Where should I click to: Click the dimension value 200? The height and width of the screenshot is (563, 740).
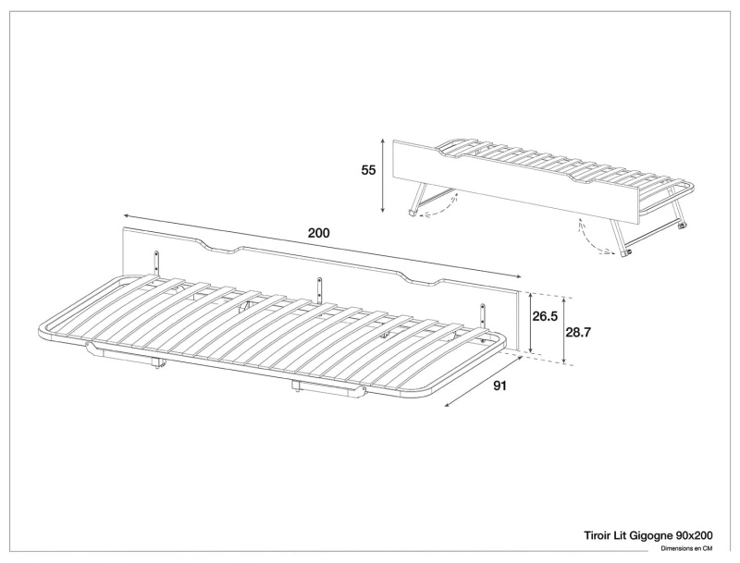point(318,233)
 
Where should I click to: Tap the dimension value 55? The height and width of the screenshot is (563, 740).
point(368,170)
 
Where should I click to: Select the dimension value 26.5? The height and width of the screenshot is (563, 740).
point(545,316)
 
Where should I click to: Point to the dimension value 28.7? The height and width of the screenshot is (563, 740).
point(578,333)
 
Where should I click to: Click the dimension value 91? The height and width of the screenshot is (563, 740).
point(499,386)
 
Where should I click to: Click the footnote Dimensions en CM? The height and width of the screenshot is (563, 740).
point(686,548)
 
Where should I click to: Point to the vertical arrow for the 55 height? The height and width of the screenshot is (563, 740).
point(383,176)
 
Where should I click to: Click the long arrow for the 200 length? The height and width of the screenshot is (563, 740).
point(322,246)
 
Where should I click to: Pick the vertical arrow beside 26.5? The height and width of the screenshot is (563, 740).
point(531,323)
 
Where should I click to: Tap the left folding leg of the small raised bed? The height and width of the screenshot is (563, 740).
point(415,199)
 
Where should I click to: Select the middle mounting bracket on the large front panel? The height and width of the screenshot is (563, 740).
point(320,288)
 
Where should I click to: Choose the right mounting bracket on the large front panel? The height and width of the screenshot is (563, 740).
point(483,315)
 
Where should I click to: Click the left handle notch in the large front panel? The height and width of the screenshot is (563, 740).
point(220,247)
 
